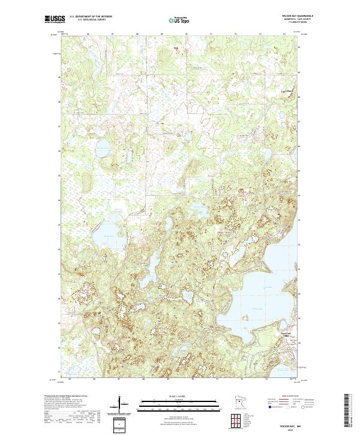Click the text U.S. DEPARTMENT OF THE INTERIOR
pyautogui.click(x=91, y=16)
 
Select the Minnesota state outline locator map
pyautogui.click(x=234, y=403)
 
